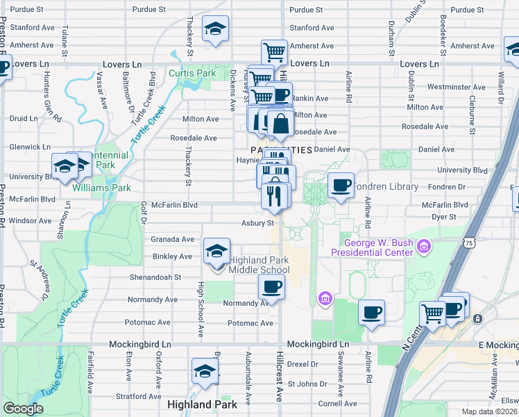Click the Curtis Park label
[x=192, y=73]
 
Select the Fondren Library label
[x=386, y=186]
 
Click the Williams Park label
[x=111, y=188]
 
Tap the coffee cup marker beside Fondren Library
[x=340, y=186]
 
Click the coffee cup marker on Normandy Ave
[x=272, y=286]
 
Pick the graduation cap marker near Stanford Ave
[x=215, y=29]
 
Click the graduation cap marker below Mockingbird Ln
[x=205, y=370]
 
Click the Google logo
[x=23, y=409]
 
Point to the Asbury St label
[x=258, y=223]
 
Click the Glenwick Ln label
[x=31, y=147]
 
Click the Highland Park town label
[x=202, y=404]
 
